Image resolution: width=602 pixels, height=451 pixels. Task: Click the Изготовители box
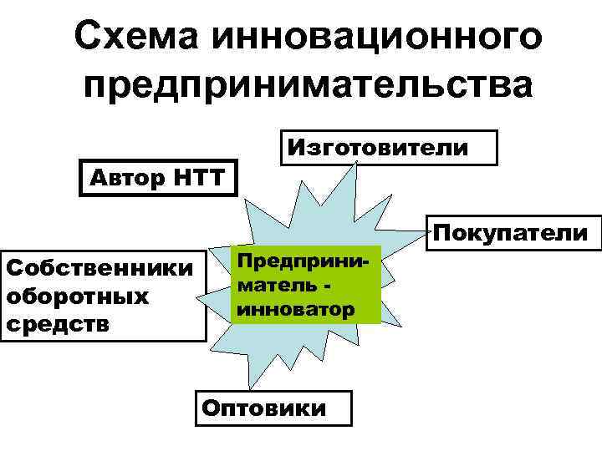(390, 148)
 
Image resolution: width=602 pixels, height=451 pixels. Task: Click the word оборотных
(77, 296)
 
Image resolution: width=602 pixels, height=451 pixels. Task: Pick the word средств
(57, 323)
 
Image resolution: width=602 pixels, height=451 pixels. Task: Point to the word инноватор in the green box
(296, 310)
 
